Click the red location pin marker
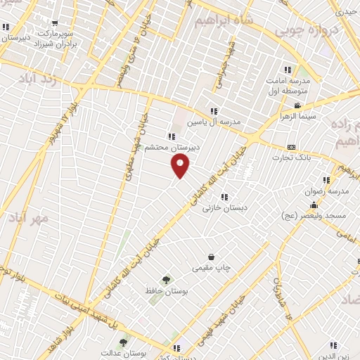pyautogui.click(x=181, y=166)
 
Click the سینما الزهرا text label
pyautogui.click(x=299, y=116)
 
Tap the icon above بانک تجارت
pyautogui.click(x=292, y=147)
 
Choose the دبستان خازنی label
pyautogui.click(x=222, y=208)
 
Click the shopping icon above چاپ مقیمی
pyautogui.click(x=211, y=257)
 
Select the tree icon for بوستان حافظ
pyautogui.click(x=167, y=281)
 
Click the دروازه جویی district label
pyautogui.click(x=306, y=29)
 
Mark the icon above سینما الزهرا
pyautogui.click(x=298, y=105)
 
